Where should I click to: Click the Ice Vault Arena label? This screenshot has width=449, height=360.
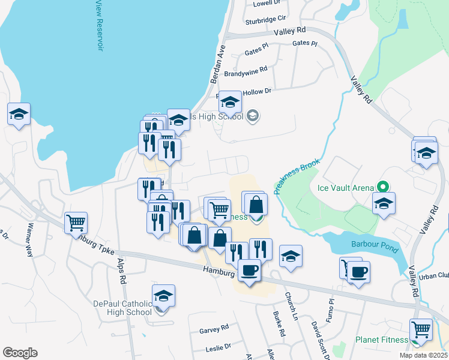pyautogui.click(x=345, y=187)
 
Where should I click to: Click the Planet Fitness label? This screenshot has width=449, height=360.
pyautogui.click(x=381, y=340)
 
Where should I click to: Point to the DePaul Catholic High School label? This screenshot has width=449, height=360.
pyautogui.click(x=123, y=308)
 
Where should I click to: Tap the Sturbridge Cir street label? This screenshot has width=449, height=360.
pyautogui.click(x=265, y=20)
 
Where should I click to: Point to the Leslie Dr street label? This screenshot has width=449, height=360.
pyautogui.click(x=219, y=347)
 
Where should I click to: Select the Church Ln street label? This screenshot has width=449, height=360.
pyautogui.click(x=292, y=306)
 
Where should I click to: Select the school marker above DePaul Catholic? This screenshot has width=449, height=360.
pyautogui.click(x=163, y=295)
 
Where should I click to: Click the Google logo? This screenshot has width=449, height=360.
pyautogui.click(x=20, y=353)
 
